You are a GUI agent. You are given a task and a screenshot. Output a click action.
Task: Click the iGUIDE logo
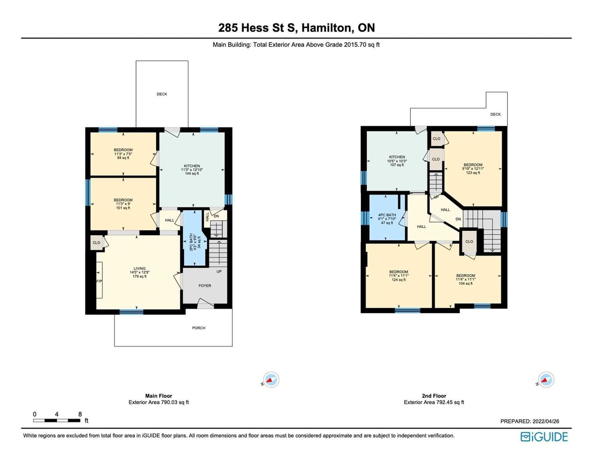(x=544, y=437)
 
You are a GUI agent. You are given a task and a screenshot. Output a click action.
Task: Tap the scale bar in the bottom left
(x=57, y=420)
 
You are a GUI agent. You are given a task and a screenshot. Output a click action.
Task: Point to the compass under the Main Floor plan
(x=271, y=379)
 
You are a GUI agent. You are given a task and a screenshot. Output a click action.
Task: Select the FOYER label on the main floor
(x=205, y=286)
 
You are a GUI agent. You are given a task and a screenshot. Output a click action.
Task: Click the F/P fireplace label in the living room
(x=99, y=281)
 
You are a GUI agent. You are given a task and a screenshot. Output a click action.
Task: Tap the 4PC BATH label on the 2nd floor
(x=387, y=219)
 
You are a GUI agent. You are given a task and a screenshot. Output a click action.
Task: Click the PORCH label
(x=199, y=328)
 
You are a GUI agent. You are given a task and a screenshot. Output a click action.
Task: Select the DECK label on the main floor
(x=162, y=94)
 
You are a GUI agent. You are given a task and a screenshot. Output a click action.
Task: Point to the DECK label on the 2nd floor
(x=495, y=114)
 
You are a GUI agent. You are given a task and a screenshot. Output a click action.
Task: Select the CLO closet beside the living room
(x=96, y=243)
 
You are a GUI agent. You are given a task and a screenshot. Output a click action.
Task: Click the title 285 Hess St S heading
(x=296, y=28)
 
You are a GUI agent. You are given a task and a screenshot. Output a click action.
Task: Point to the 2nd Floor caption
(x=434, y=396)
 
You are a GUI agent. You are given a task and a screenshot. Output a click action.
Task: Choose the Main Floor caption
(x=159, y=396)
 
